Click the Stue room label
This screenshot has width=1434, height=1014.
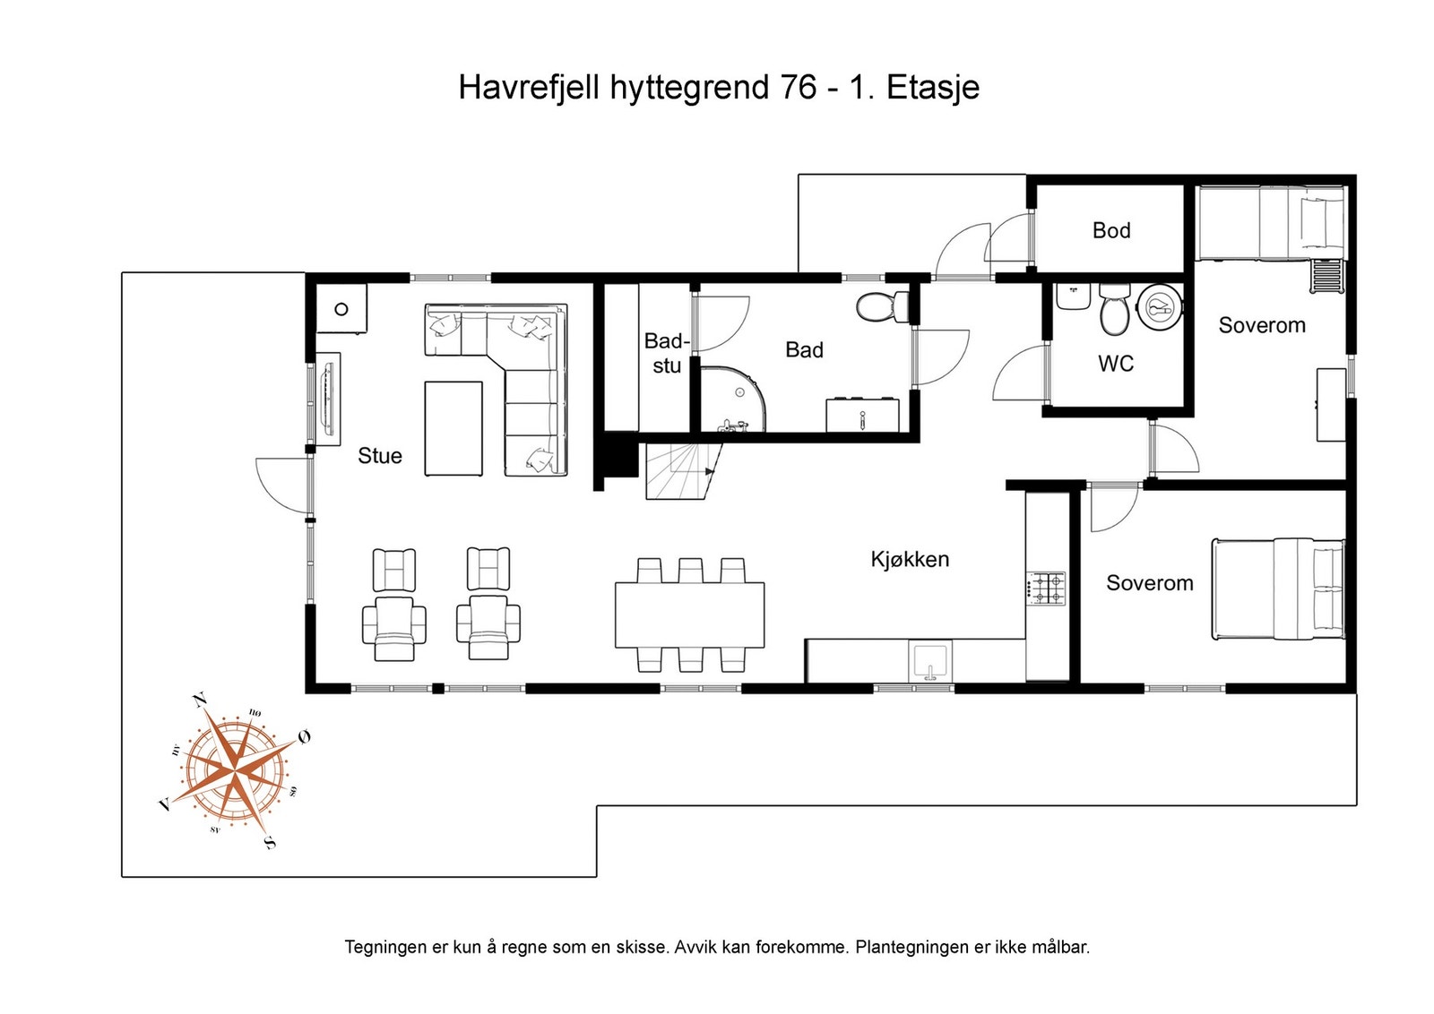380,456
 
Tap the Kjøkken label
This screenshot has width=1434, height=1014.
910,560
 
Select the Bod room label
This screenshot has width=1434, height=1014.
1111,231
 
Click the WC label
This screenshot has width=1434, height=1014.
1116,364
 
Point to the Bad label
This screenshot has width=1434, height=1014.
804,350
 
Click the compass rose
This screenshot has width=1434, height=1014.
235,769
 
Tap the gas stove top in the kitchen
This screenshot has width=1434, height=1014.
1046,588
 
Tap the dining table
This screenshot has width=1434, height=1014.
689,614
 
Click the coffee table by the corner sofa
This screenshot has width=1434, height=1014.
454,428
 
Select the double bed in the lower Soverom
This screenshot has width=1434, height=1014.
1278,589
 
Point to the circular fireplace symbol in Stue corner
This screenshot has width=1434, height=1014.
341,309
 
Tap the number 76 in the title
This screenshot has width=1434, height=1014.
798,88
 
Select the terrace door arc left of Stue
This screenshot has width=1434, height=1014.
280,484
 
